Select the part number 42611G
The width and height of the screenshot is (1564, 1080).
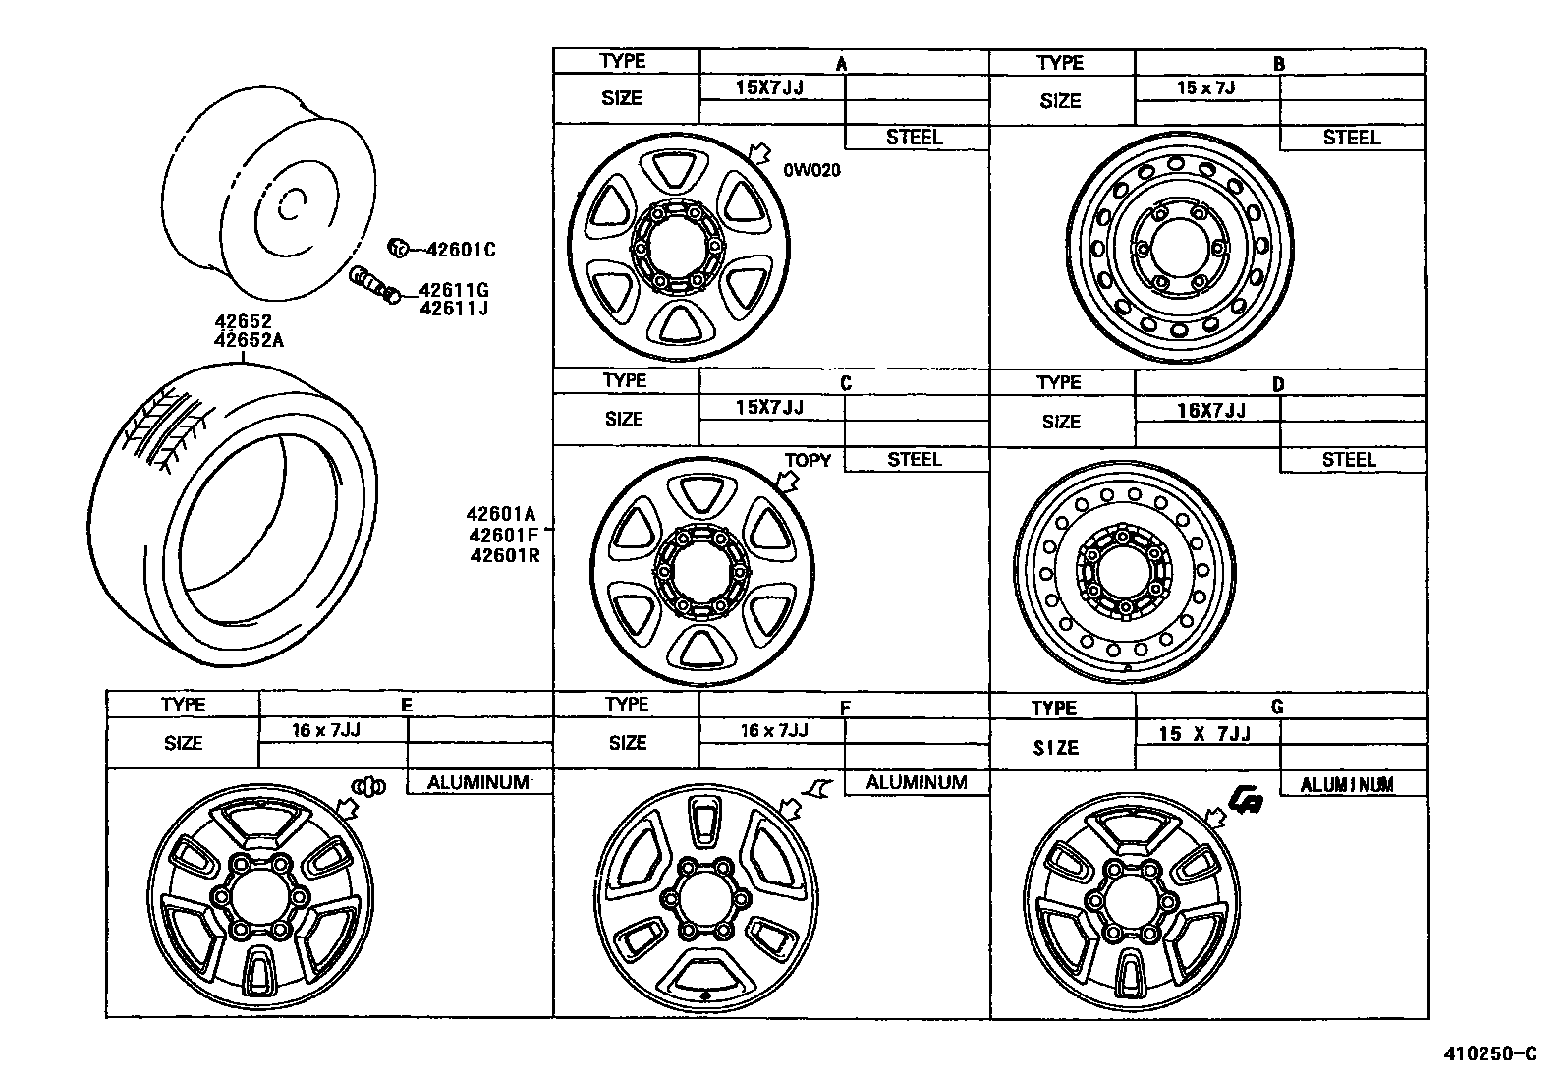[x=454, y=290]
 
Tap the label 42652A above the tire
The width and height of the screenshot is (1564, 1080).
[x=250, y=340]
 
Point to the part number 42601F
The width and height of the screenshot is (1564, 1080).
[x=503, y=535]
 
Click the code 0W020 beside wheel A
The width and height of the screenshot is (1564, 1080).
[x=811, y=170]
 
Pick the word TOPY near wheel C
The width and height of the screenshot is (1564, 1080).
[x=808, y=460]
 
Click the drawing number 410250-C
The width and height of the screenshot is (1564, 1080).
[x=1489, y=1054]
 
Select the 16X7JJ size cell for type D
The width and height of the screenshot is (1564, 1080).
[x=1210, y=411]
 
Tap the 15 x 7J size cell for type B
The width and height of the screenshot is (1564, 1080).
[x=1205, y=87]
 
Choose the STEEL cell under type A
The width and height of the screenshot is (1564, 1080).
[x=915, y=138]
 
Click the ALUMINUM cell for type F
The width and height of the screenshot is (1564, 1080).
[x=917, y=782]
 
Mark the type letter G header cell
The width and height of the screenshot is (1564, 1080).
[x=1277, y=707]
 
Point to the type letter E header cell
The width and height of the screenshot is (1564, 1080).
[x=406, y=705]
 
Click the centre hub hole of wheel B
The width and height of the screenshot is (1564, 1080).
[x=1178, y=249]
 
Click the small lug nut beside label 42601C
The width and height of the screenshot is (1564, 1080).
[x=398, y=247]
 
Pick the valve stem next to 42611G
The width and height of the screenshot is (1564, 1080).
[x=373, y=286]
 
